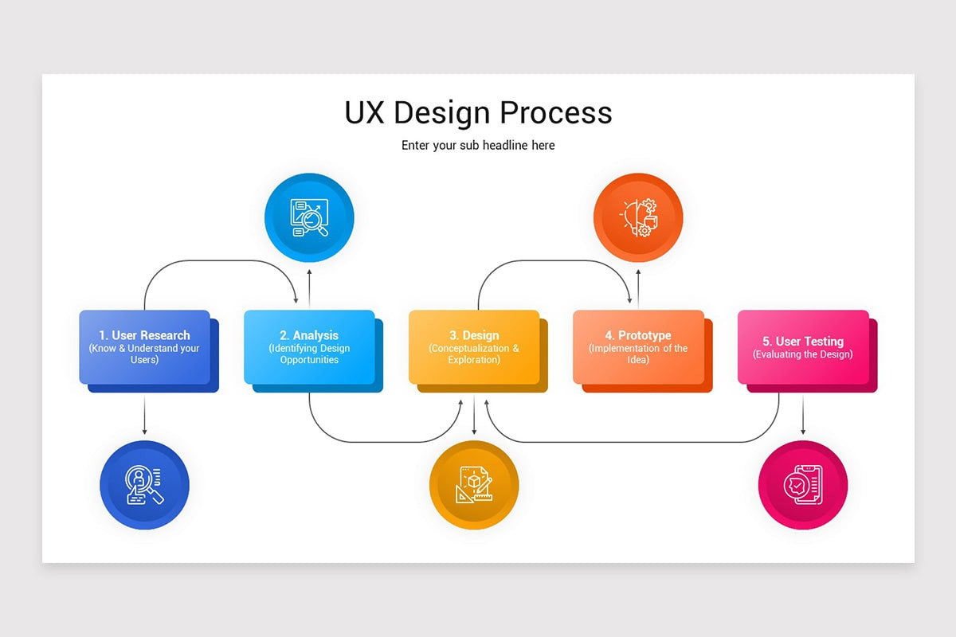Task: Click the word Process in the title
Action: click(x=556, y=113)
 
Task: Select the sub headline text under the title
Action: click(x=478, y=146)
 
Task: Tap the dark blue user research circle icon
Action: click(x=145, y=485)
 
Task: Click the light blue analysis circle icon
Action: click(x=309, y=217)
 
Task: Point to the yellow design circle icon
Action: click(x=474, y=485)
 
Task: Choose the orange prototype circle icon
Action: click(x=638, y=217)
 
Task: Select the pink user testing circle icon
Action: click(x=803, y=485)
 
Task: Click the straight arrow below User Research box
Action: click(x=145, y=415)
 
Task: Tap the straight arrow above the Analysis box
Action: click(x=309, y=287)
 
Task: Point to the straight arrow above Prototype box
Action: click(x=638, y=287)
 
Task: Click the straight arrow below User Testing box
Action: click(x=803, y=415)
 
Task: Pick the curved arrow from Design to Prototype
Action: click(x=554, y=260)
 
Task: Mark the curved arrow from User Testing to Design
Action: click(x=632, y=442)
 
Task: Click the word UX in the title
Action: click(x=364, y=113)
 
